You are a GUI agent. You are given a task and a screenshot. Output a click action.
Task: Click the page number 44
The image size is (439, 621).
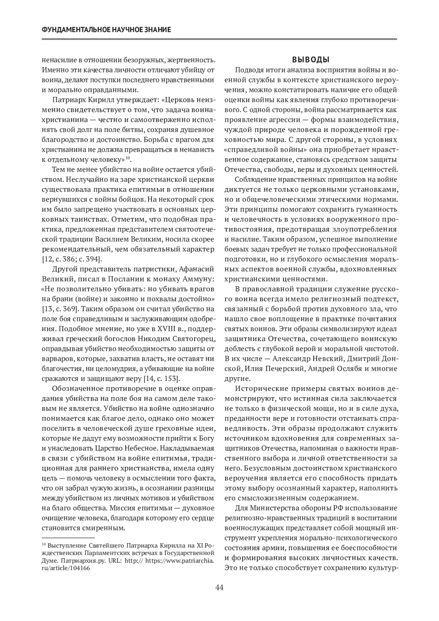click(219, 588)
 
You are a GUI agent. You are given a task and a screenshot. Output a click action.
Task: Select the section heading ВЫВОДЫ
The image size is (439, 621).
click(311, 60)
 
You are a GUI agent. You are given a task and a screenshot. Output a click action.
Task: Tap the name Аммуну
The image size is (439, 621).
click(198, 280)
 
